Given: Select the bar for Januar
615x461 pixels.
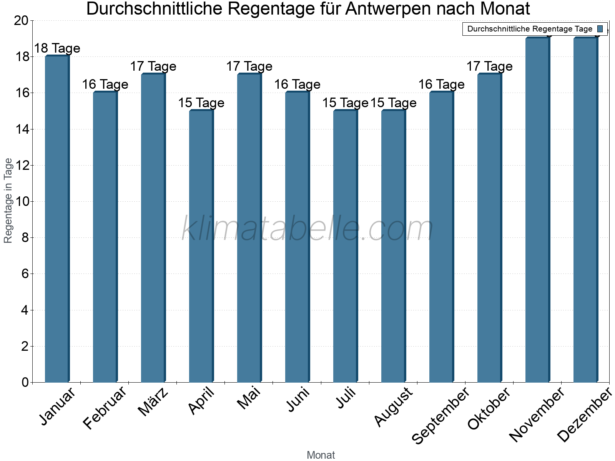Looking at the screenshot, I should (x=57, y=219).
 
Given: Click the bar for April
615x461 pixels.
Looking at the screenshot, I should (x=201, y=246).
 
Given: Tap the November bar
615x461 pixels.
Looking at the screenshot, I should (x=537, y=209).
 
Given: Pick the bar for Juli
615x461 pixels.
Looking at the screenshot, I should (x=345, y=246).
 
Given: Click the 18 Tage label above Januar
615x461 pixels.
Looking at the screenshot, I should (x=57, y=48).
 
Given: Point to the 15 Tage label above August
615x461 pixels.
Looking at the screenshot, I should (x=393, y=103).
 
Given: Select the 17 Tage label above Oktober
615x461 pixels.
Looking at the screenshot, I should (x=489, y=66).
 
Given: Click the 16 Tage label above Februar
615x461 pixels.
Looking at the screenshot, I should (x=105, y=85).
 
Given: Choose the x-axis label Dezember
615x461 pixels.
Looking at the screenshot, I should (x=584, y=415).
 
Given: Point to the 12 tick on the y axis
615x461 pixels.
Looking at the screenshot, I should (x=23, y=166).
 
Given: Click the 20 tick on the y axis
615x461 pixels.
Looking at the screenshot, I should (x=21, y=21).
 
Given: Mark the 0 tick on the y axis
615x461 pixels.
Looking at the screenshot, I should (x=25, y=382).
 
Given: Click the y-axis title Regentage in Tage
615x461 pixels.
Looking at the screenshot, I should (x=8, y=201).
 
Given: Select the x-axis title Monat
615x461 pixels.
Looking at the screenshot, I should (x=321, y=455).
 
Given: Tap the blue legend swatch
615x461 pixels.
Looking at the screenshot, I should (x=600, y=29).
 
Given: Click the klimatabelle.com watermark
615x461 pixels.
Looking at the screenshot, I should (x=307, y=229).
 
